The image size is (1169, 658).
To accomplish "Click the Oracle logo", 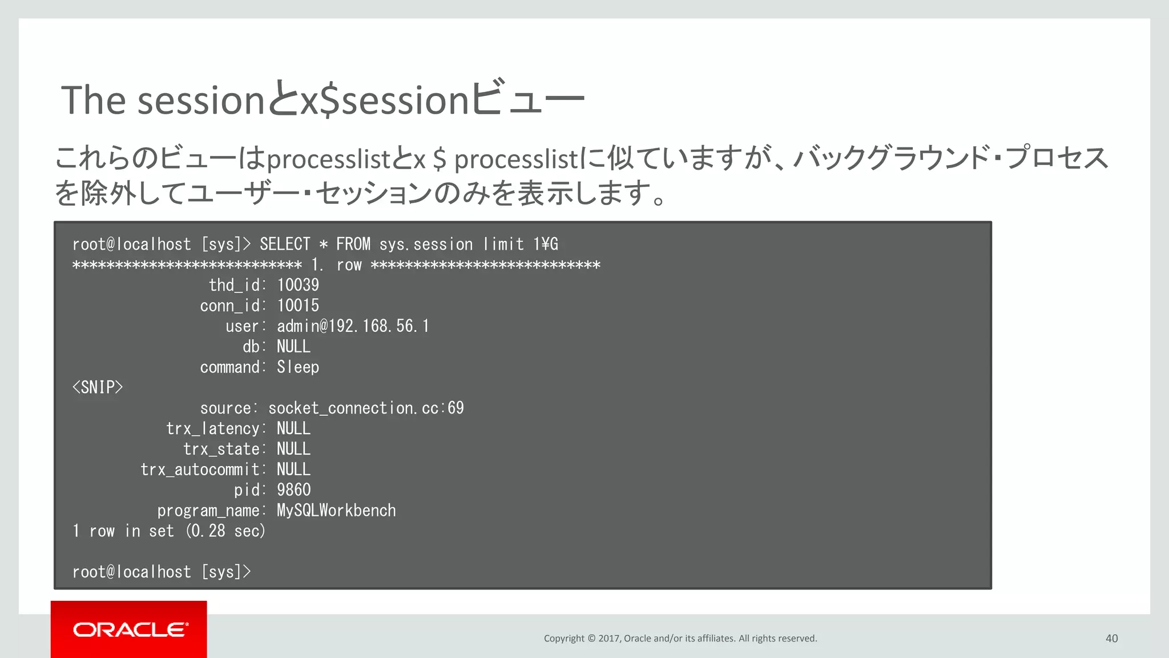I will point(130,629).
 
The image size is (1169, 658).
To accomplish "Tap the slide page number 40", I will point(1111,639).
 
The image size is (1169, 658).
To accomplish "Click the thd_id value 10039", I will point(298,285).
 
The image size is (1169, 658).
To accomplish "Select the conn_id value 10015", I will point(298,306).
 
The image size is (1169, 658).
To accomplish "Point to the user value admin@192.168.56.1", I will point(353,326).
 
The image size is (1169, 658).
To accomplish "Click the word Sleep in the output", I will point(298,367).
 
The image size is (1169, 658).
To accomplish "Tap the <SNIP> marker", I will point(98,387).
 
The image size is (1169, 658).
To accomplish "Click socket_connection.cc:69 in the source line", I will point(366,408).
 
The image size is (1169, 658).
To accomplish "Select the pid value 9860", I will point(293,490).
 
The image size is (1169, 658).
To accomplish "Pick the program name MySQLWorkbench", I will point(336,511).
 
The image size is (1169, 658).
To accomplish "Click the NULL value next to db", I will point(293,347).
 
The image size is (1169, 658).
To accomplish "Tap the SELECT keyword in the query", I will point(285,244).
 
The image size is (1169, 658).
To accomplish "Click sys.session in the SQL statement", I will point(426,244).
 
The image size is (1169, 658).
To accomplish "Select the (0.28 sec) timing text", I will point(225,531).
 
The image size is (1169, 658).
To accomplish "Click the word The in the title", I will point(93,101).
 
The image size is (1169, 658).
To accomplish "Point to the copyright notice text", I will point(680,639).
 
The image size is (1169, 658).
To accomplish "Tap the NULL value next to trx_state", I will point(293,449).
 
